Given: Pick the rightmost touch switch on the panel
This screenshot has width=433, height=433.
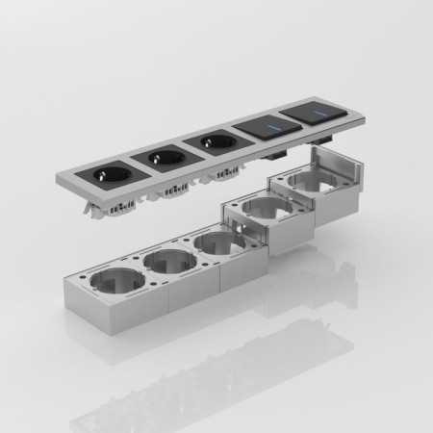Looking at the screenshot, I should [x=313, y=114].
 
